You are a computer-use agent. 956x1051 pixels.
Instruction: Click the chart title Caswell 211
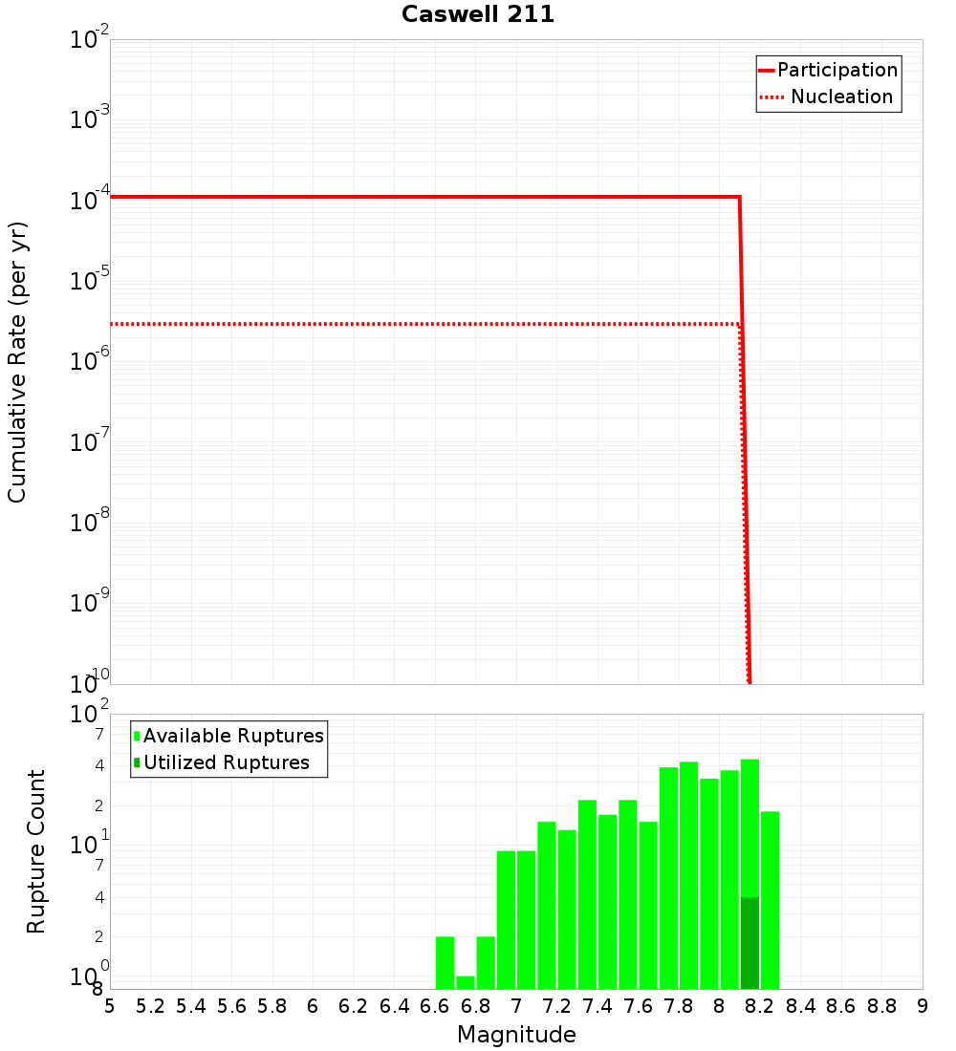pyautogui.click(x=478, y=14)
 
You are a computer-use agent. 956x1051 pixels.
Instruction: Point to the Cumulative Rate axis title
pyautogui.click(x=17, y=362)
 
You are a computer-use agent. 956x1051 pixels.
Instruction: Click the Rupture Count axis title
pyautogui.click(x=36, y=851)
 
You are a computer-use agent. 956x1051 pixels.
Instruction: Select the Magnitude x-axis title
pyautogui.click(x=516, y=1035)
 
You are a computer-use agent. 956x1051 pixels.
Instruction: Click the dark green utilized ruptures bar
pyautogui.click(x=750, y=942)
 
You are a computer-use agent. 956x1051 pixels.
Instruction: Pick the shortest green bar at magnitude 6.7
pyautogui.click(x=466, y=982)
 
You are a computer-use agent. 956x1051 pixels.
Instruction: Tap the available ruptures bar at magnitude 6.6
pyautogui.click(x=445, y=962)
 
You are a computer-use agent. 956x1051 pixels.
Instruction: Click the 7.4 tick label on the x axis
pyautogui.click(x=597, y=1006)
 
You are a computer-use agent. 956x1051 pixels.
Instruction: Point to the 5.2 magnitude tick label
pyautogui.click(x=151, y=1006)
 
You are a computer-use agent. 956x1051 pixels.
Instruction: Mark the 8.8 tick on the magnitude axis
pyautogui.click(x=881, y=1006)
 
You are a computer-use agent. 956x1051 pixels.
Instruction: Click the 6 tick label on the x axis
pyautogui.click(x=313, y=1006)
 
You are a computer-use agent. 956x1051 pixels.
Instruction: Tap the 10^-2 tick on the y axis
pyautogui.click(x=90, y=40)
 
